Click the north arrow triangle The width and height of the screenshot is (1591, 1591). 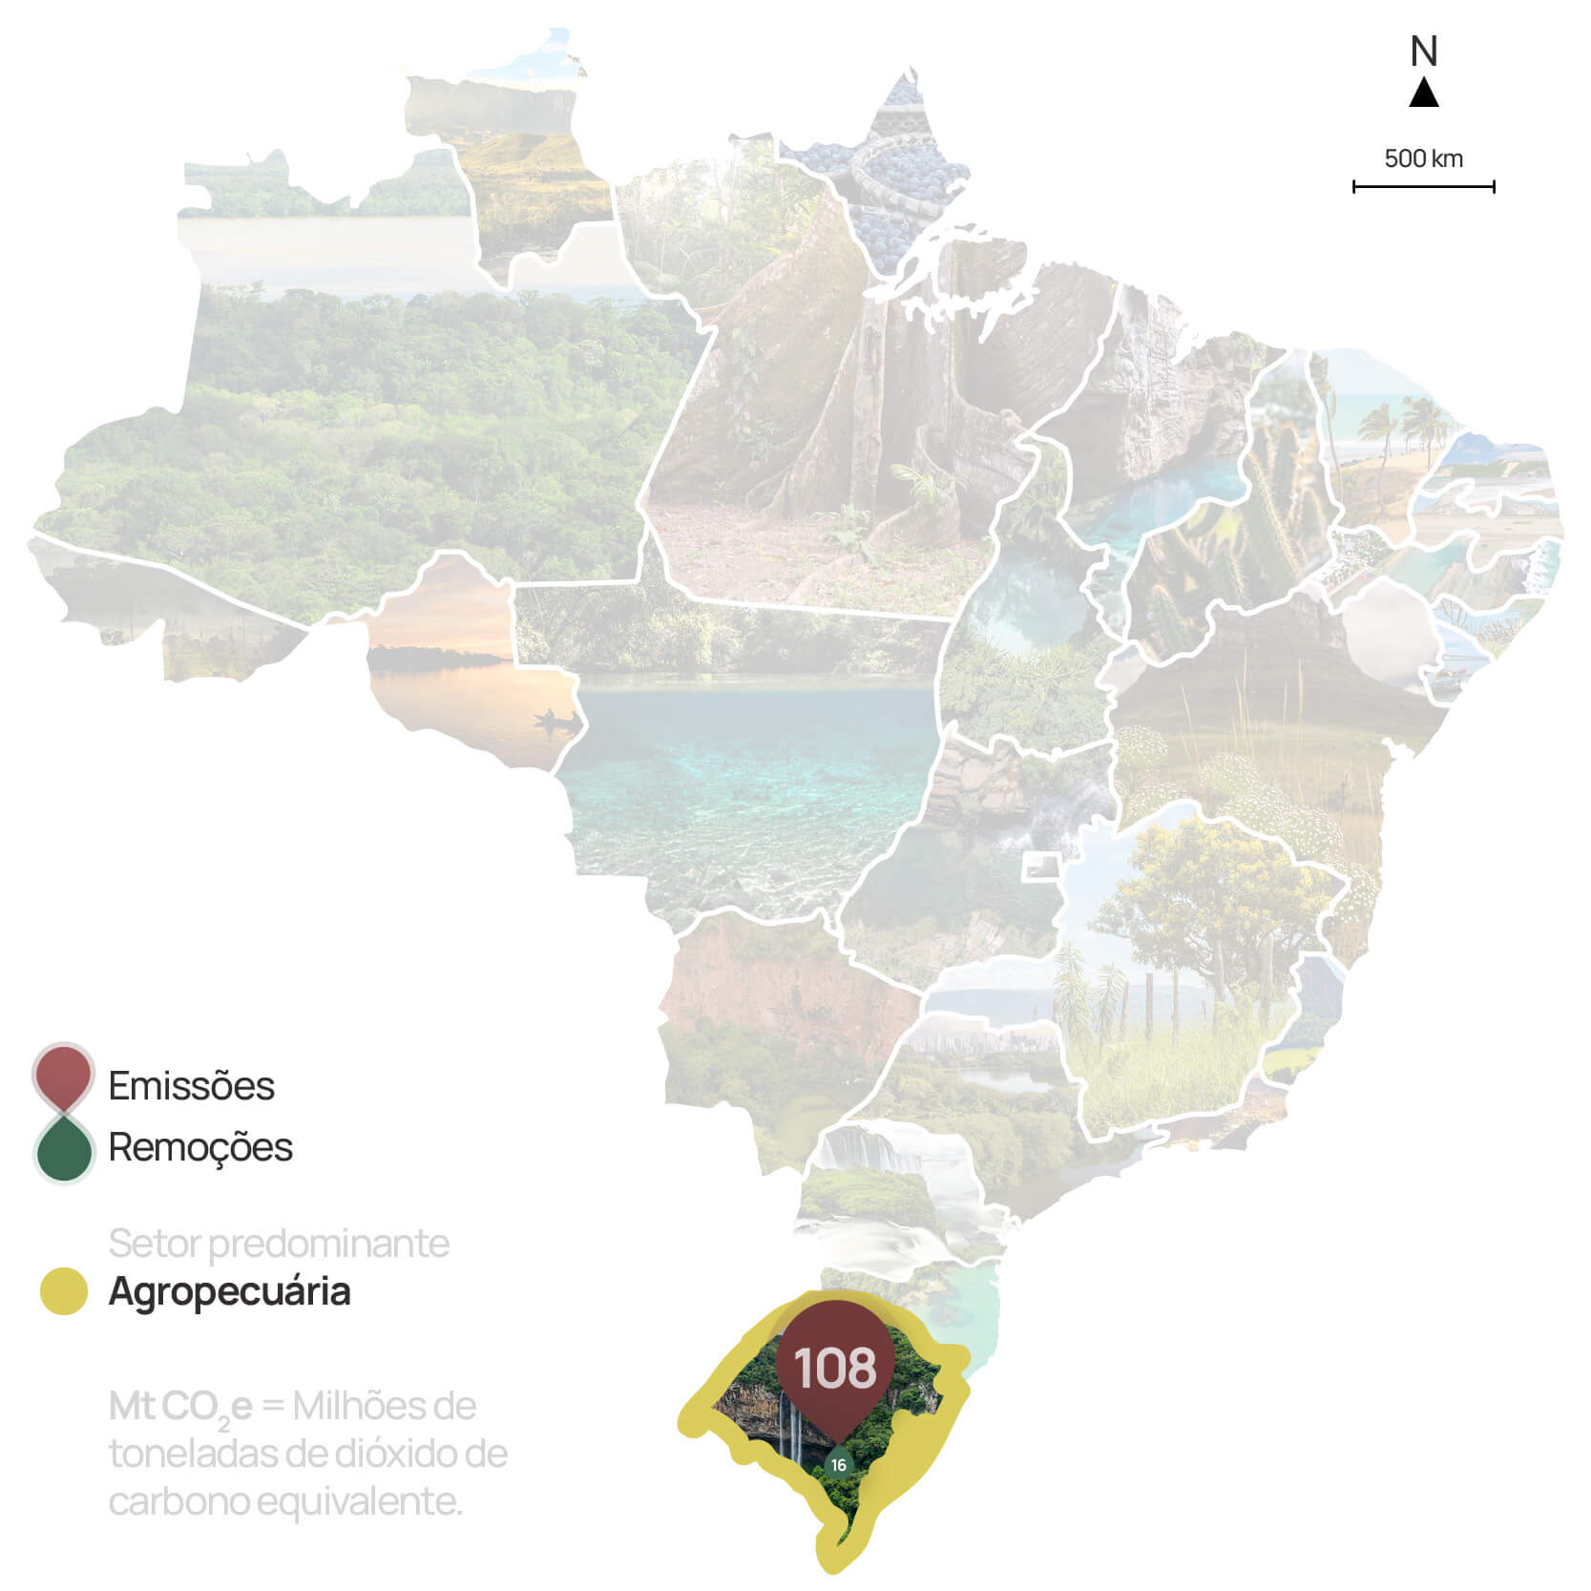point(1423,94)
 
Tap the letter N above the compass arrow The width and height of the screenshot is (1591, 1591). point(1423,52)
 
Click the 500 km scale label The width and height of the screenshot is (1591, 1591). point(1423,158)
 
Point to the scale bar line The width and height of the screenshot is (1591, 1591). point(1423,187)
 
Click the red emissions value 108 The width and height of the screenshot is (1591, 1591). point(835,1368)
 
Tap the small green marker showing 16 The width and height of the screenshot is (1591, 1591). point(838,1464)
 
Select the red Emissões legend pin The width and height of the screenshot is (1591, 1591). point(62,1078)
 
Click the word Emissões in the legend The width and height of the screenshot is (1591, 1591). point(191,1086)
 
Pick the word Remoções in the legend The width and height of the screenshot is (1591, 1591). point(200,1147)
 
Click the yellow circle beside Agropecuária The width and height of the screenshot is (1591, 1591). point(63,1291)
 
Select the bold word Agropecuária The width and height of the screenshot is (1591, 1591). point(229,1291)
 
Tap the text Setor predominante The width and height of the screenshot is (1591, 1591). point(278,1244)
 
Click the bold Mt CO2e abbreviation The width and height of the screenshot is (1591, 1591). point(180,1407)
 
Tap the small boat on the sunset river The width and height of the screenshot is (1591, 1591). point(555,719)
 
